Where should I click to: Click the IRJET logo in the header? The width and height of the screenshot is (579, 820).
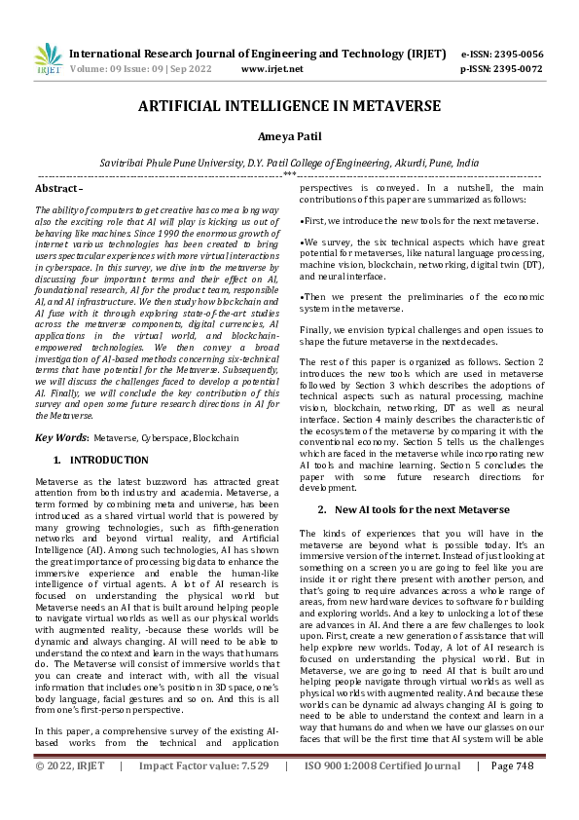pos(47,59)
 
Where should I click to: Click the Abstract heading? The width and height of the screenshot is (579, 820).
pos(58,187)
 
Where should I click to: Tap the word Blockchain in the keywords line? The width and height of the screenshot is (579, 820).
pos(215,438)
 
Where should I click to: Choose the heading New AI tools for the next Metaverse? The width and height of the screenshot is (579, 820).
pos(421,509)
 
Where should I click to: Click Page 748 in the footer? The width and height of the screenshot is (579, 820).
pos(514,794)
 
